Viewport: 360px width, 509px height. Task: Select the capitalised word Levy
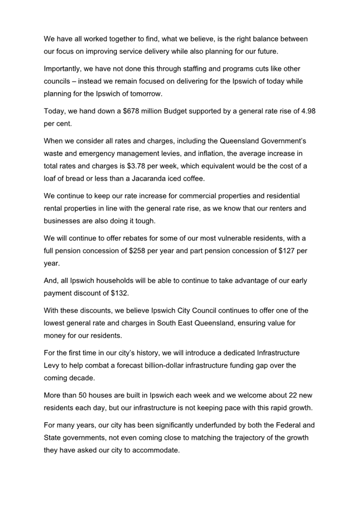(x=54, y=366)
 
